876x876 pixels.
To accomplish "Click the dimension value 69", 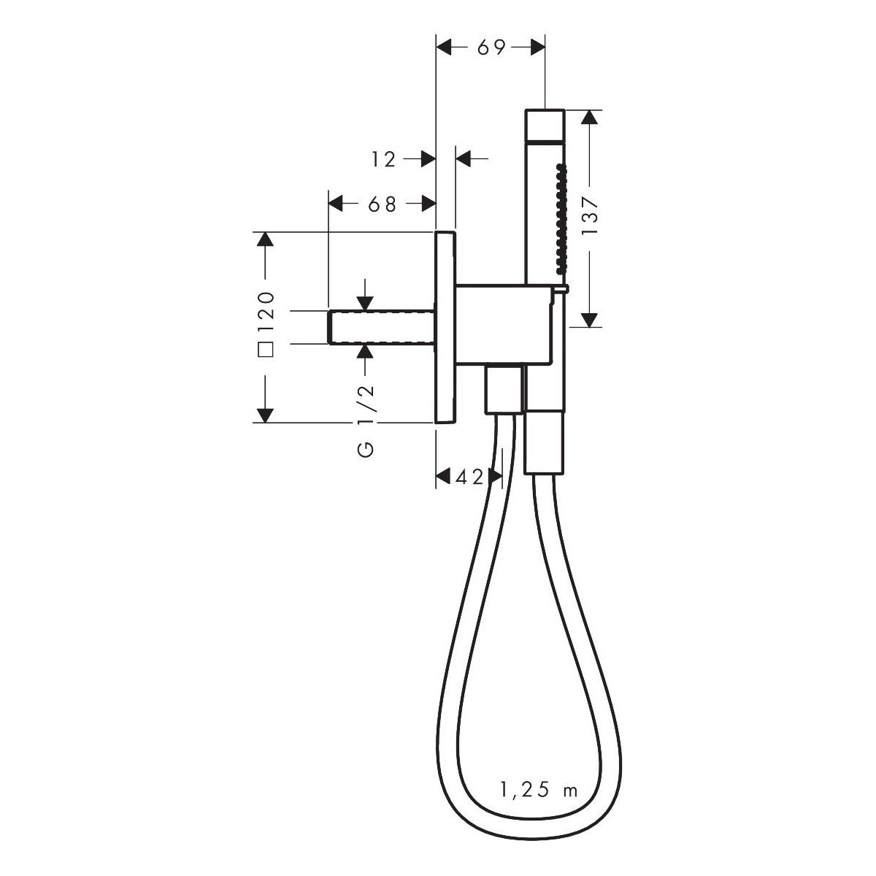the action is (491, 47).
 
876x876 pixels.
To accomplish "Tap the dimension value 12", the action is (384, 160).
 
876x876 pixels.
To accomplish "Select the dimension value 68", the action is (383, 204).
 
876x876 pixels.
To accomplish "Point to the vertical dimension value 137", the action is (590, 216).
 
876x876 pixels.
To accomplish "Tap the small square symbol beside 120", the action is (266, 349).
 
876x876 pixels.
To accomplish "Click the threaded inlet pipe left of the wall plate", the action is (381, 327).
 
